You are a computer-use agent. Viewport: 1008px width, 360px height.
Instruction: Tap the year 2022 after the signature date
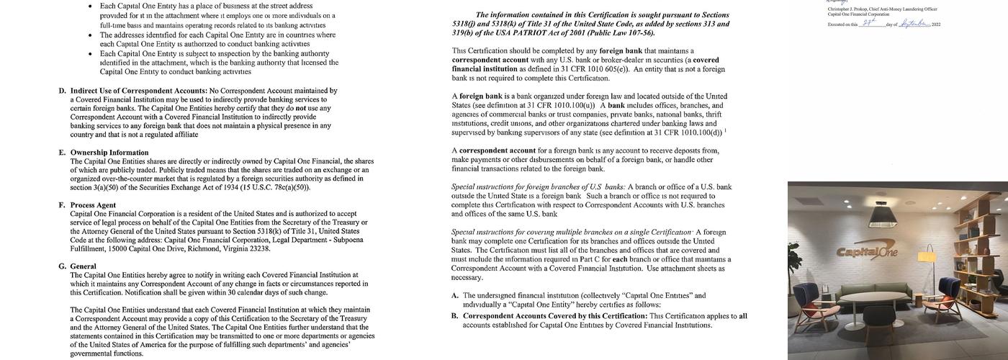pos(936,24)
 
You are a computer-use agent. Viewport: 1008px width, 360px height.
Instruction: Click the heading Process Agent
pos(93,205)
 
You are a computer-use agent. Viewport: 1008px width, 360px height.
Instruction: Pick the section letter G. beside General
pos(62,266)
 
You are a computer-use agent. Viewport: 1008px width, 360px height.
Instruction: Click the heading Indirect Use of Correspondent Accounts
pos(133,91)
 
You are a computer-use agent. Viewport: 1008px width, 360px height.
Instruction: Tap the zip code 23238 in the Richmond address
pos(260,249)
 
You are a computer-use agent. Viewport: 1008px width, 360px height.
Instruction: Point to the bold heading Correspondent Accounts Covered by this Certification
pos(554,316)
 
